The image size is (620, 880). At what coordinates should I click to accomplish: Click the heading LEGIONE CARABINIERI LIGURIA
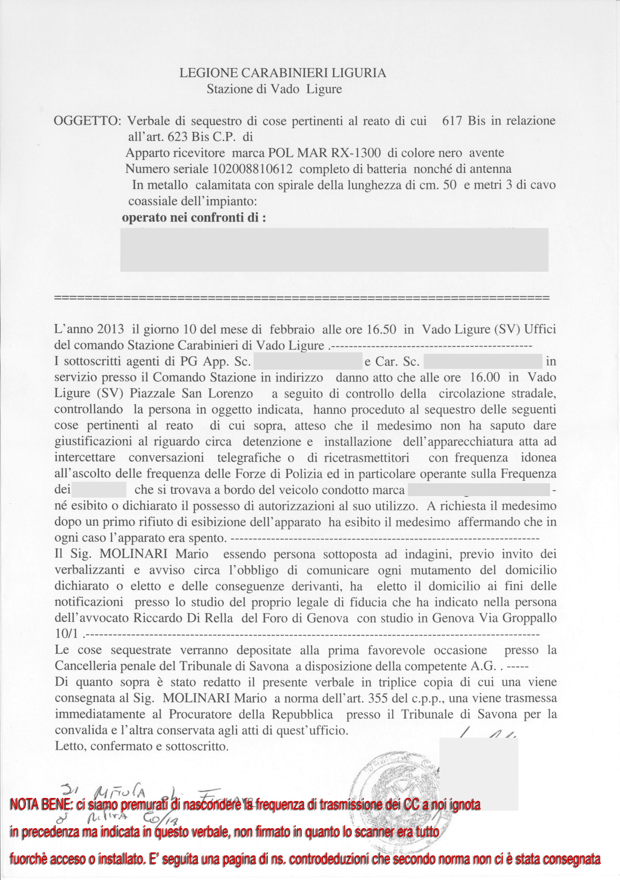coord(283,73)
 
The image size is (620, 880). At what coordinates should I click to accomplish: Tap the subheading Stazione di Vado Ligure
coord(274,89)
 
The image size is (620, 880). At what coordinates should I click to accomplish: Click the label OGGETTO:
coord(87,121)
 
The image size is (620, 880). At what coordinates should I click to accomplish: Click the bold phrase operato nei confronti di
coord(193,218)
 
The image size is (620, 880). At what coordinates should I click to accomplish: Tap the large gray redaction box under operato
coord(334,250)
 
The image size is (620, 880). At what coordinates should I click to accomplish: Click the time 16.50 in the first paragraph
coord(381,329)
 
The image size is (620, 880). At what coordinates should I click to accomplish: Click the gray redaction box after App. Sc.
coord(308,361)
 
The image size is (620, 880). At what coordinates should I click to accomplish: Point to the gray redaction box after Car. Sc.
coord(483,361)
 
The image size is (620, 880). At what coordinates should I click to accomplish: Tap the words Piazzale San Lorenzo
coord(191,393)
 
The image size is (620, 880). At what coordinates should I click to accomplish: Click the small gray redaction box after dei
coord(99,490)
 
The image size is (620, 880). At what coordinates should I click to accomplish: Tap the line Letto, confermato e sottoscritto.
coord(142,746)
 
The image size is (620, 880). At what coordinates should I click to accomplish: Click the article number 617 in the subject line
coord(453,121)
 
